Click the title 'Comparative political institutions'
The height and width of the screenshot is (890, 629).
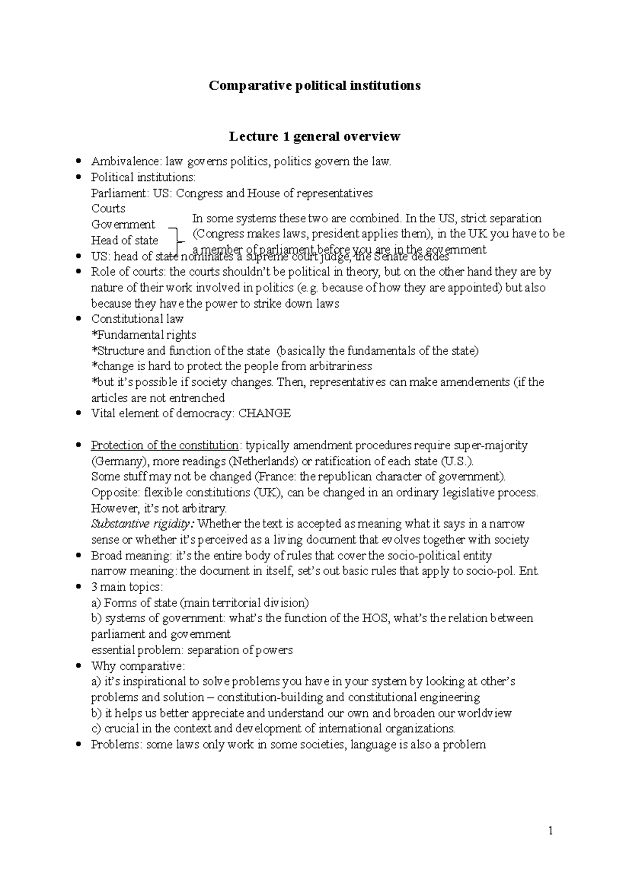coord(314,85)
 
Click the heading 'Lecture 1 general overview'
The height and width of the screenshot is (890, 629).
coord(314,137)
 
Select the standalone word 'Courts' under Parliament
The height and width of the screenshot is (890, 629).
coord(108,209)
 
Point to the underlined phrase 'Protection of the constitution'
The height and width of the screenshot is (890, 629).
coord(165,446)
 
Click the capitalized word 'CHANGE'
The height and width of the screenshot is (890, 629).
coord(264,414)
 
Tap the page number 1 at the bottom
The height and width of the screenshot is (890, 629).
coord(550,830)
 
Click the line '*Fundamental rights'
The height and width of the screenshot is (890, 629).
coord(144,335)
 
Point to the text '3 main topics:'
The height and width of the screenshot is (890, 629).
coord(127,587)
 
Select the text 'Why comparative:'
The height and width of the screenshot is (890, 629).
coord(138,666)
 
